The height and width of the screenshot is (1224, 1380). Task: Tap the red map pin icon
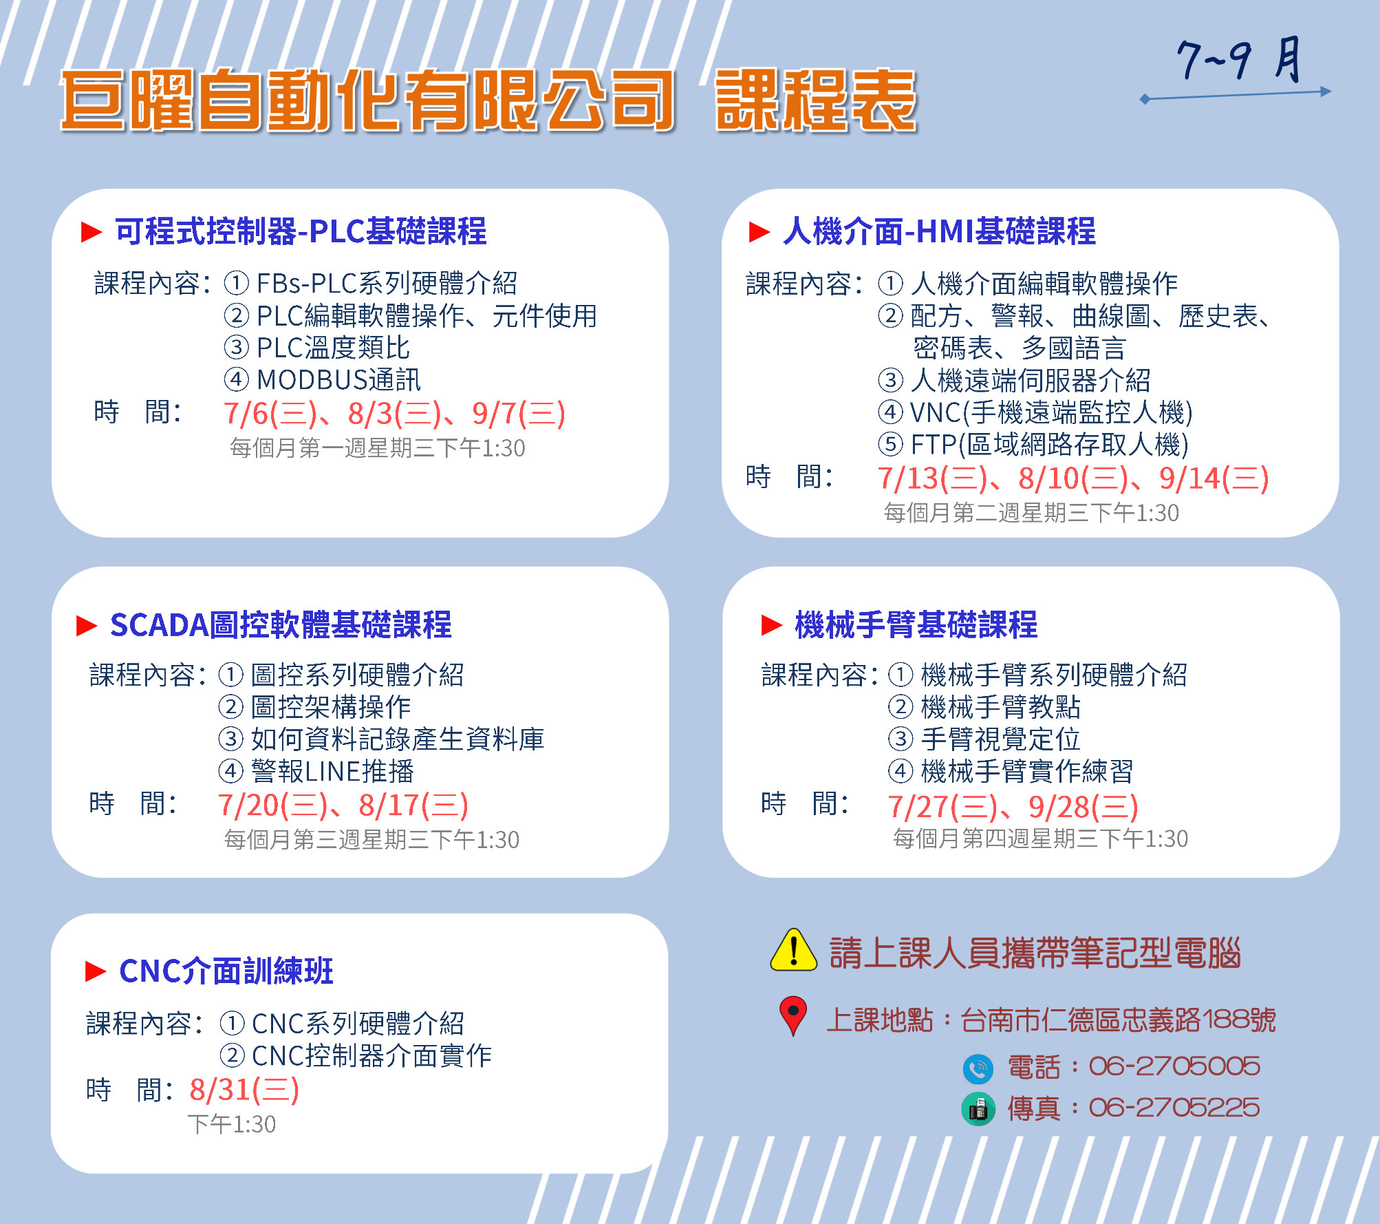[x=793, y=1015]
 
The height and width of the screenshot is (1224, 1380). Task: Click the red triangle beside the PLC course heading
[x=91, y=232]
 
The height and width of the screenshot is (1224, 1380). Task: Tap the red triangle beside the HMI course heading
[x=759, y=232]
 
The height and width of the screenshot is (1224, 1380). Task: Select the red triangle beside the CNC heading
[x=96, y=971]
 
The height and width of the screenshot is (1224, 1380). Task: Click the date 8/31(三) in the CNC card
[x=245, y=1090]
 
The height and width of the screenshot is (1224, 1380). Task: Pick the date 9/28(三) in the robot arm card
[x=1083, y=807]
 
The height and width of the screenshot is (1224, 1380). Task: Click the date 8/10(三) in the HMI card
[x=1074, y=479]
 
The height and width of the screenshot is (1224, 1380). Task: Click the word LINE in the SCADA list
[x=333, y=772]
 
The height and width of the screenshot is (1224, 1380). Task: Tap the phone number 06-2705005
[x=1174, y=1067]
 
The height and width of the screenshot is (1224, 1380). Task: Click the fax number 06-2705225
[x=1174, y=1108]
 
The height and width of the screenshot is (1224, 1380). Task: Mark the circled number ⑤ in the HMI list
[x=890, y=445]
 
